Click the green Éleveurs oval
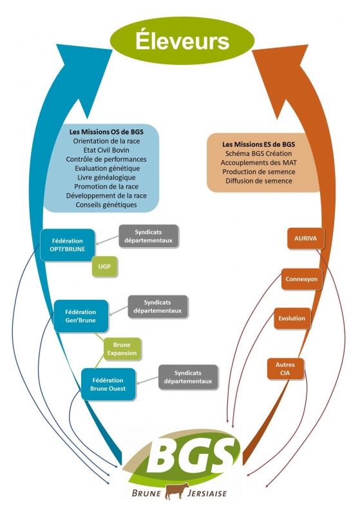click(x=182, y=41)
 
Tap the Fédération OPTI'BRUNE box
click(x=68, y=245)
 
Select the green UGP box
click(x=104, y=267)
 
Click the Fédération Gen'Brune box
click(x=81, y=316)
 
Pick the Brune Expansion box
click(x=122, y=349)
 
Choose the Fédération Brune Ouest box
click(x=108, y=384)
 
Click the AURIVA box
click(x=305, y=238)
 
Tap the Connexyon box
click(x=301, y=279)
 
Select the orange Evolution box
click(x=292, y=318)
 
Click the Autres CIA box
click(x=285, y=369)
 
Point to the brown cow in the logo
click(x=176, y=491)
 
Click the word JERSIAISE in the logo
click(x=207, y=493)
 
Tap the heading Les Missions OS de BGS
click(x=106, y=132)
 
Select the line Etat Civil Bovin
click(x=106, y=150)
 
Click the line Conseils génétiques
click(x=106, y=205)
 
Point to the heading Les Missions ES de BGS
click(x=258, y=144)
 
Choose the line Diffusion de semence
click(x=258, y=181)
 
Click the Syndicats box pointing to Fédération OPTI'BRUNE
click(x=149, y=236)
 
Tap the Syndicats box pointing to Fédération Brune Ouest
click(x=188, y=377)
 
